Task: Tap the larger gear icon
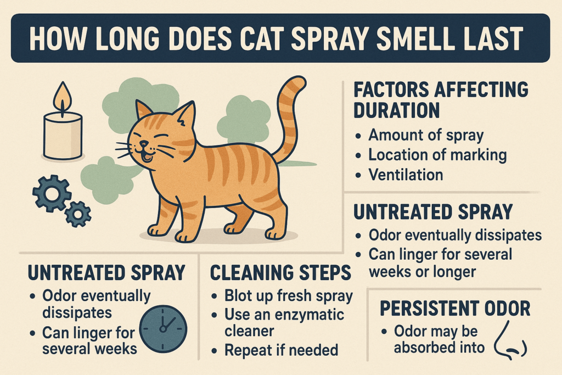click(x=52, y=194)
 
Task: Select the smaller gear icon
click(x=78, y=214)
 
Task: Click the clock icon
click(x=163, y=328)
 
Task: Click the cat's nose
click(x=144, y=144)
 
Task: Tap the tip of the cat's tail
click(x=298, y=81)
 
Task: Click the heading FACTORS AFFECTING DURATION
click(x=441, y=100)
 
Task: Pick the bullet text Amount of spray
click(x=426, y=136)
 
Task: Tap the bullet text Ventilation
click(x=406, y=175)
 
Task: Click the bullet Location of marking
click(x=437, y=155)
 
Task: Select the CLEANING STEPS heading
click(x=280, y=273)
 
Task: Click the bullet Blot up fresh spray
click(x=289, y=296)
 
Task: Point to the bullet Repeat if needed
click(x=281, y=350)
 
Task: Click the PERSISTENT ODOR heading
click(x=455, y=309)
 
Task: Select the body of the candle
click(x=63, y=136)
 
